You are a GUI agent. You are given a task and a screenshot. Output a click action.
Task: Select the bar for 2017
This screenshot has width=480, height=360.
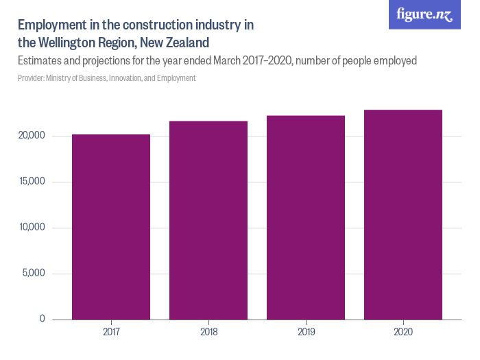point(111,227)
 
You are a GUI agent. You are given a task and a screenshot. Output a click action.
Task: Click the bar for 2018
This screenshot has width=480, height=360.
point(208,220)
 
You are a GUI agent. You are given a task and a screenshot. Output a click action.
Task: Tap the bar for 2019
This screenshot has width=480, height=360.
point(306,217)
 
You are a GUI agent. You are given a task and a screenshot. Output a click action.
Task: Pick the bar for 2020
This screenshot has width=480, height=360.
point(403,215)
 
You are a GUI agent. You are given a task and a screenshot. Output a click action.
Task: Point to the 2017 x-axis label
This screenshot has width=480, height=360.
point(111,333)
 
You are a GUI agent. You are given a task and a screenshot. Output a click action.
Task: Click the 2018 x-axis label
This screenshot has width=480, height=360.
point(208,333)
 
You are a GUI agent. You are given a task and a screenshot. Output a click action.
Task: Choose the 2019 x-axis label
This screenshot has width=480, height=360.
point(306,333)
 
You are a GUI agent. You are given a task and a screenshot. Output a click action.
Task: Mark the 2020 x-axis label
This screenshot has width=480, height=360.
point(403,333)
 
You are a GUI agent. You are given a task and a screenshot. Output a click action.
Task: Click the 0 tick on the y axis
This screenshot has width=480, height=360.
point(42,319)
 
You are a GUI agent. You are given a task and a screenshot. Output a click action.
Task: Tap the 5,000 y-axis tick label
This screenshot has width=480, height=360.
point(32,274)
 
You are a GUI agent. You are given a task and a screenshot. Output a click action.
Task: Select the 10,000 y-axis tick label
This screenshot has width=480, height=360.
point(31,228)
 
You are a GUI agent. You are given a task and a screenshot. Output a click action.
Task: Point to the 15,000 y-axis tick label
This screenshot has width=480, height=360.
point(31,182)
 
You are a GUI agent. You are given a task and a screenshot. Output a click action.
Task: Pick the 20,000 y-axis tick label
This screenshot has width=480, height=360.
point(31,136)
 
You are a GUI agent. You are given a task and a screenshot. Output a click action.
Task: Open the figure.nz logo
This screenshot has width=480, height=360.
point(424,14)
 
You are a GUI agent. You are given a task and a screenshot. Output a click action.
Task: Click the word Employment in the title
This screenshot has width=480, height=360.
point(52,25)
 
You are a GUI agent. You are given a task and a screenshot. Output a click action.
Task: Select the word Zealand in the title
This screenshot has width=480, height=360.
point(185,43)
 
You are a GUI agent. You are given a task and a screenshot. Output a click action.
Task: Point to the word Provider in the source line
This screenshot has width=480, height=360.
point(32,78)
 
